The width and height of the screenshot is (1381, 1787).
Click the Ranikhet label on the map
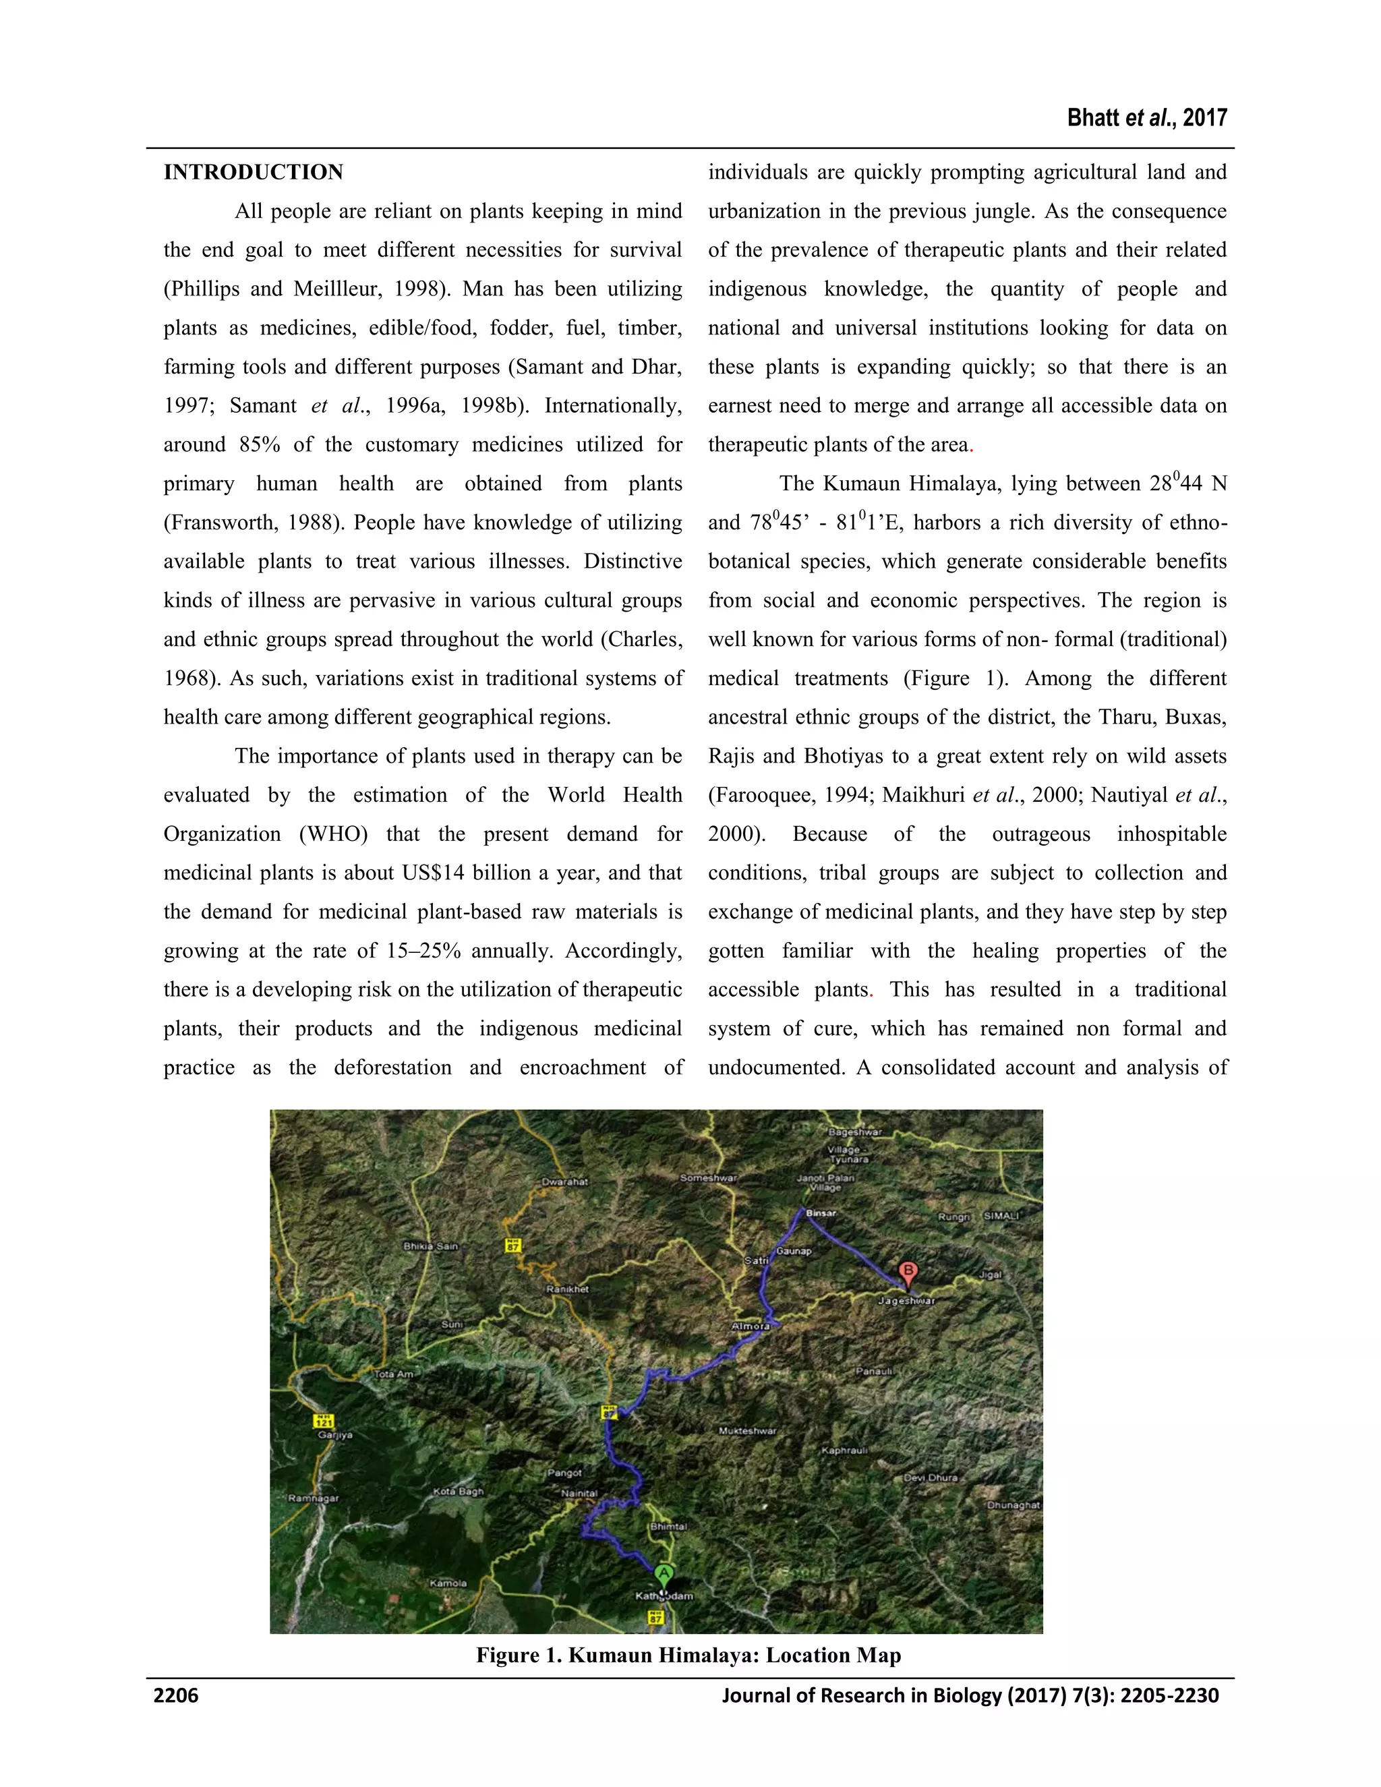(x=567, y=1289)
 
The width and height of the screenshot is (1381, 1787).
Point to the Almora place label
(x=751, y=1326)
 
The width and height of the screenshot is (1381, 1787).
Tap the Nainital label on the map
(x=579, y=1493)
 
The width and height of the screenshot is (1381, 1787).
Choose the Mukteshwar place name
(x=747, y=1431)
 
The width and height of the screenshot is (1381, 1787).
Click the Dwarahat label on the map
(x=564, y=1181)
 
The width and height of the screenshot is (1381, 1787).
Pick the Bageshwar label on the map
(x=855, y=1132)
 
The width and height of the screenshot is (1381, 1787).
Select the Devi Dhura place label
(x=930, y=1477)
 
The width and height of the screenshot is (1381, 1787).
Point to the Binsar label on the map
(x=821, y=1213)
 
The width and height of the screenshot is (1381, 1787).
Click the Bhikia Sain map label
(x=430, y=1246)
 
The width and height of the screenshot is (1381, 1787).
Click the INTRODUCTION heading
(x=253, y=173)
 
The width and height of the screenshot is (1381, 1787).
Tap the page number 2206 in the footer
(x=176, y=1695)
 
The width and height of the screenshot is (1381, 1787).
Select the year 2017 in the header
(x=1204, y=119)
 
